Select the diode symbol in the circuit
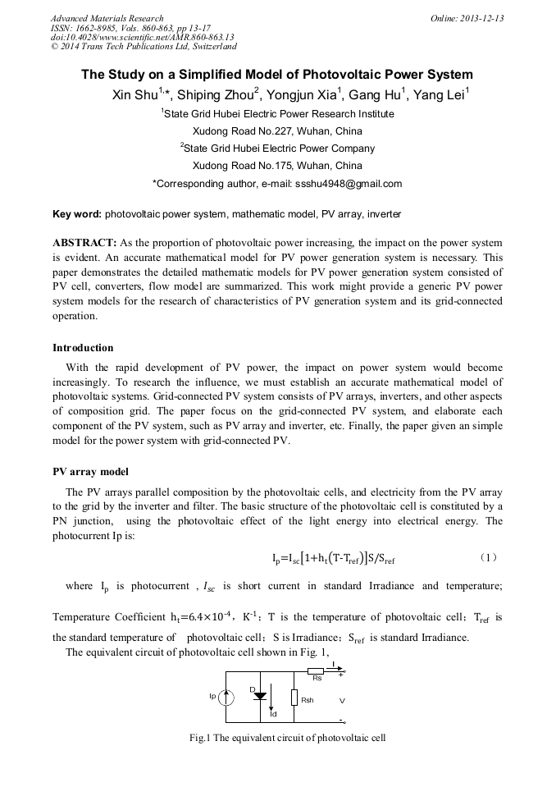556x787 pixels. pos(261,695)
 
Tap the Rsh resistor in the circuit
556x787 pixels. pos(294,699)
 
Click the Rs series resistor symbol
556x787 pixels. pos(317,672)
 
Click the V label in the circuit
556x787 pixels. pos(342,700)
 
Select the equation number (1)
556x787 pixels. pos(488,557)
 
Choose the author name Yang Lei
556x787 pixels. pos(440,95)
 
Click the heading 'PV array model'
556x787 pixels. pos(90,472)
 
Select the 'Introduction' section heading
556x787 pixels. pos(83,348)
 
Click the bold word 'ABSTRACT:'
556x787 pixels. pos(84,244)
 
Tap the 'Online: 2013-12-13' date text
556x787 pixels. pos(467,18)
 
